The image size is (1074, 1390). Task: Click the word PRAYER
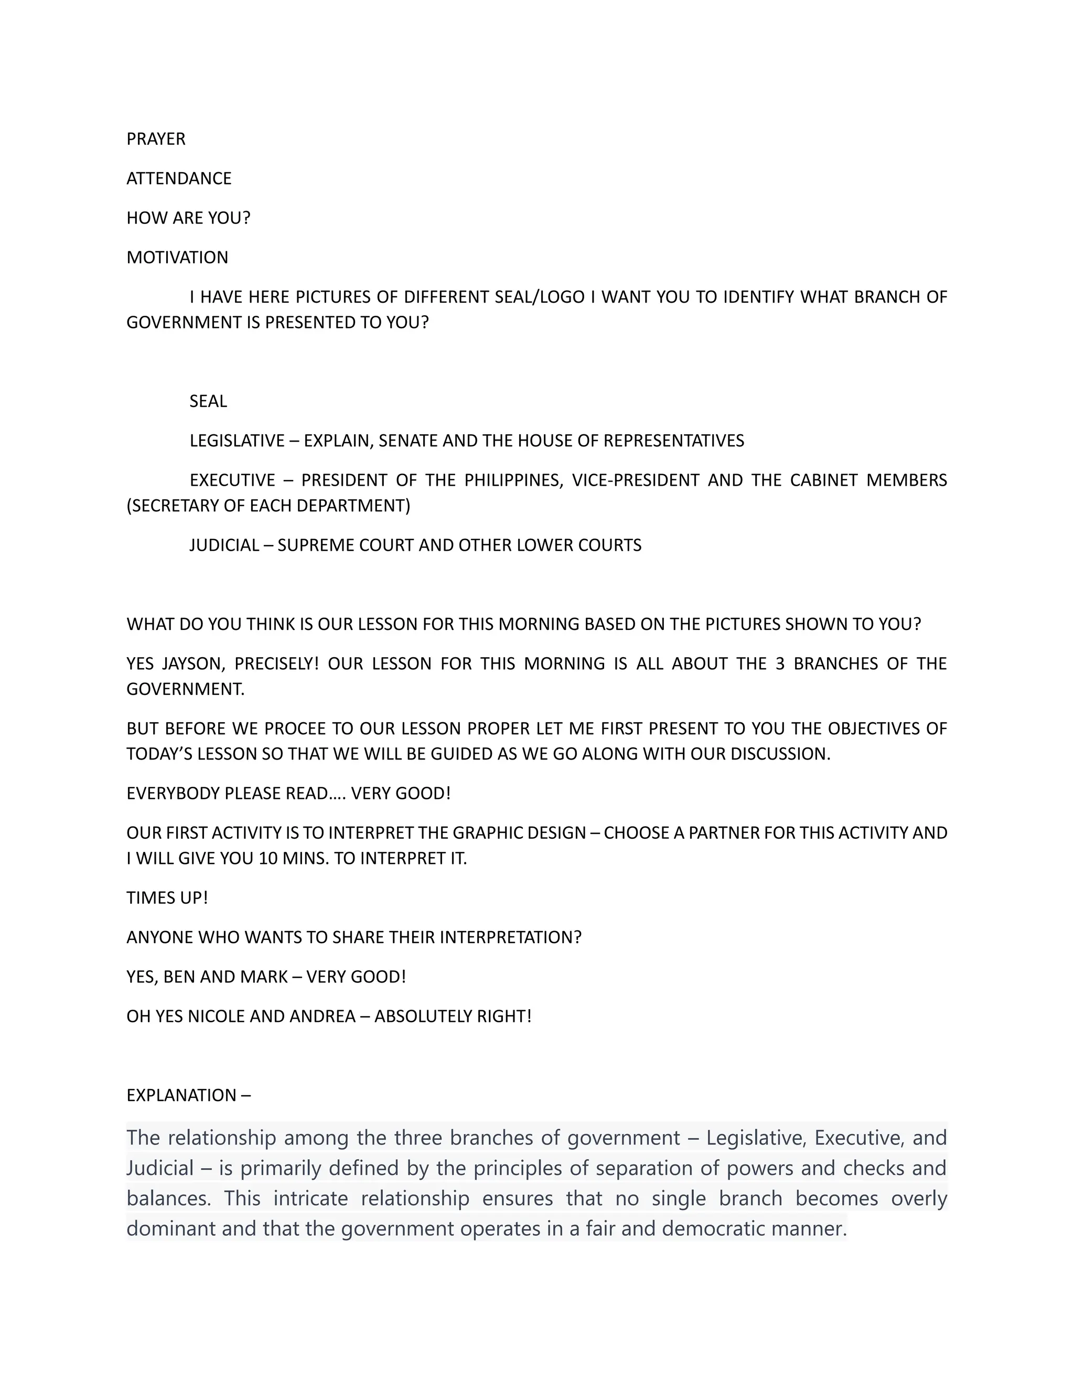156,139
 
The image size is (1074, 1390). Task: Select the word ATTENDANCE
179,178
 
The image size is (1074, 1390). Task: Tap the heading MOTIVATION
177,257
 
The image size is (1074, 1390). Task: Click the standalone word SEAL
208,401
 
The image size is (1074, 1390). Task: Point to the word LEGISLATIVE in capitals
237,441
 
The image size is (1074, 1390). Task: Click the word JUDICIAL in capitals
224,545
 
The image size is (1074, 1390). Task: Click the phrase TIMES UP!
167,897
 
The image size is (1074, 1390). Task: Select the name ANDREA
322,1016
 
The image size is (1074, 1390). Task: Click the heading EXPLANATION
181,1095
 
